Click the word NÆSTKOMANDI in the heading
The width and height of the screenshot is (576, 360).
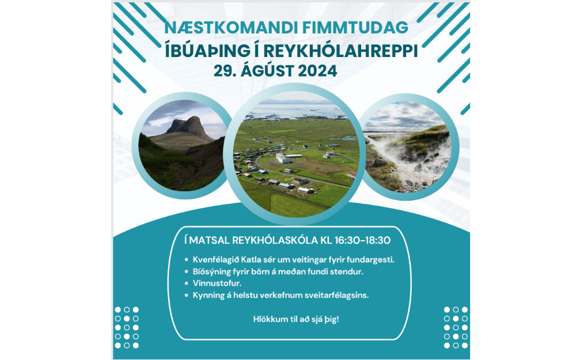(231, 28)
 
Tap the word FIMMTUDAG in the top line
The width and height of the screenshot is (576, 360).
(355, 28)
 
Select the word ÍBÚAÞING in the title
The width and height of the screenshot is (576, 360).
(207, 51)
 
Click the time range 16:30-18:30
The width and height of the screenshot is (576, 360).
(362, 240)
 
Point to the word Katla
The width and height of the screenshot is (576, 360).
(251, 260)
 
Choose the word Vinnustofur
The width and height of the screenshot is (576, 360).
(217, 283)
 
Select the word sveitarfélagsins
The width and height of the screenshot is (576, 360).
(341, 295)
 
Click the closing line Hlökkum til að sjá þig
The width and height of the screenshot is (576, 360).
(296, 319)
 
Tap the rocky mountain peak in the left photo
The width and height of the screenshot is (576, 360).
(190, 125)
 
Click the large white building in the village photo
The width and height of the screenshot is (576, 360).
(283, 158)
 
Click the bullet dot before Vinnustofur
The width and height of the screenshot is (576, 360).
(187, 283)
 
